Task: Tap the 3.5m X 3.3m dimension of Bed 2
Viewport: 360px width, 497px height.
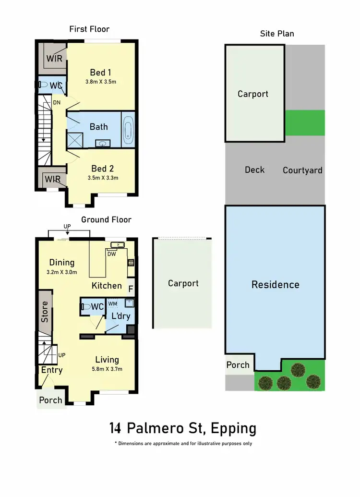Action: (x=103, y=178)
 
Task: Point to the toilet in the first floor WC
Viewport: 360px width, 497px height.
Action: (x=44, y=85)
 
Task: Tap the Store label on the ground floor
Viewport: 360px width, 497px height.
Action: (x=45, y=311)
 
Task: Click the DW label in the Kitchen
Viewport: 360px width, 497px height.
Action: (x=111, y=254)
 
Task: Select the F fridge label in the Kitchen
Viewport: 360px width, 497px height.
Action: (x=131, y=289)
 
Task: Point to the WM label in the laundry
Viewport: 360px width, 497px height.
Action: (x=112, y=303)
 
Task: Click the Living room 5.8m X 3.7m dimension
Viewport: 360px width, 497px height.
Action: (x=107, y=369)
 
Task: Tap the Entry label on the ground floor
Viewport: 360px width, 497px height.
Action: (x=51, y=370)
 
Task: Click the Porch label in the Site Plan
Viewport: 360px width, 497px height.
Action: (x=238, y=365)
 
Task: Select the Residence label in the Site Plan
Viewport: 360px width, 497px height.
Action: (x=275, y=285)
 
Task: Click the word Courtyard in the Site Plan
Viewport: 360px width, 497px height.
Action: (x=302, y=170)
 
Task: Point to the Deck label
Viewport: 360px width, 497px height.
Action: (x=254, y=170)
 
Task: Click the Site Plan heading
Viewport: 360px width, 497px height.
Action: (x=277, y=34)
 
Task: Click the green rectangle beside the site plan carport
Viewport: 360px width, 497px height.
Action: (x=305, y=123)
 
